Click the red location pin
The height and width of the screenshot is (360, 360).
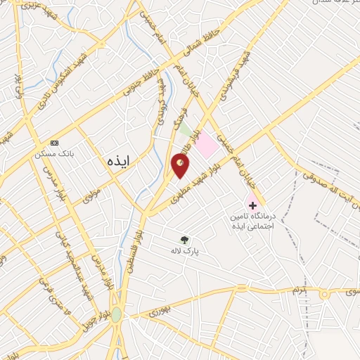coord(180,166)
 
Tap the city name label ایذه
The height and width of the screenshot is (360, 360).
coord(120,160)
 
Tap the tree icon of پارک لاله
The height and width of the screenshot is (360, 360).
coord(185,240)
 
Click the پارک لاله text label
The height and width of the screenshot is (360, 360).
coord(186,250)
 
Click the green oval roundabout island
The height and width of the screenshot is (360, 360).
coord(116,316)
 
